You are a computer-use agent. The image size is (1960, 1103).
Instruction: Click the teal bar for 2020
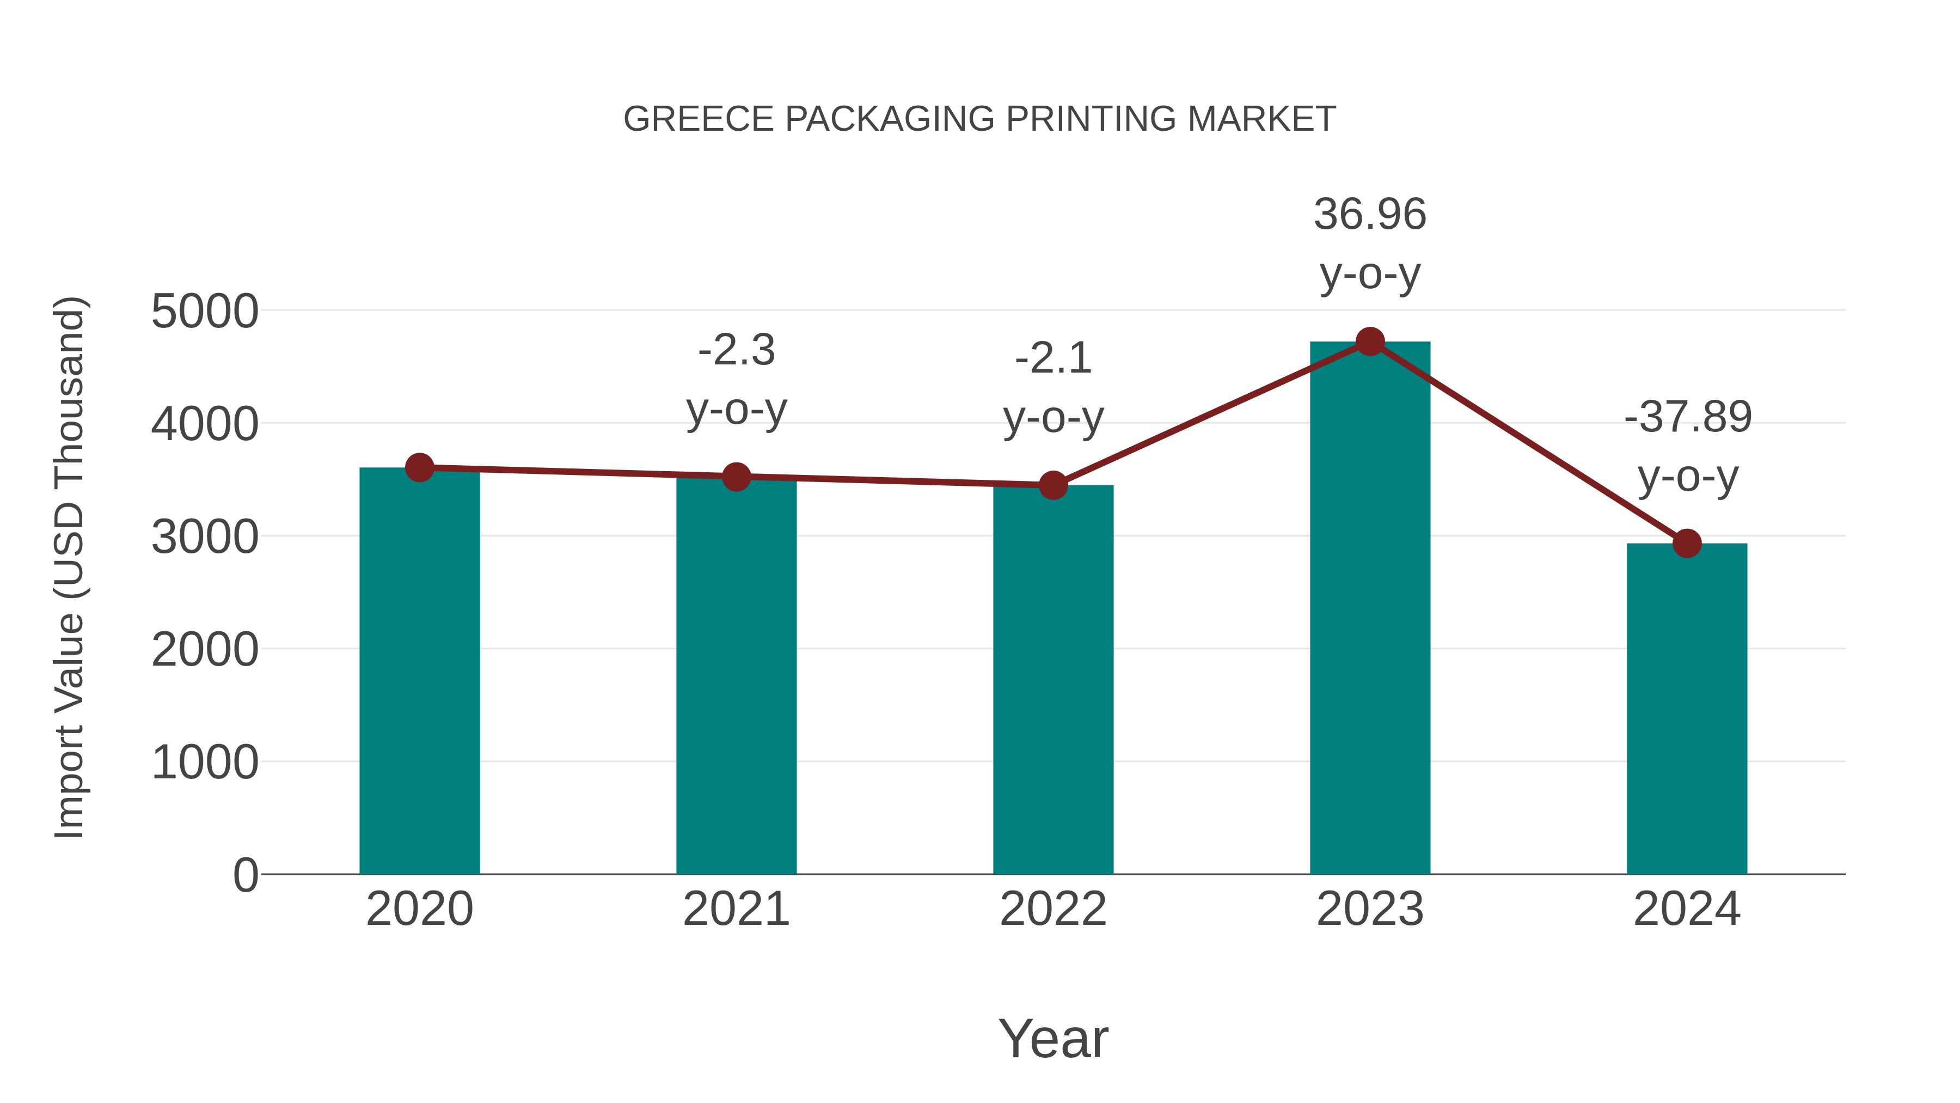pyautogui.click(x=419, y=670)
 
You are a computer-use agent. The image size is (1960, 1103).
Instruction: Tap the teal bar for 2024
pyautogui.click(x=1687, y=708)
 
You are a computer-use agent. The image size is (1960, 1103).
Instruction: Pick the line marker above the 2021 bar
pyautogui.click(x=736, y=477)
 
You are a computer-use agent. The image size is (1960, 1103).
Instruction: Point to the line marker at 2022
pyautogui.click(x=1053, y=485)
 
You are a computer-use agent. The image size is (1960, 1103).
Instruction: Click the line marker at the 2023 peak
pyautogui.click(x=1370, y=342)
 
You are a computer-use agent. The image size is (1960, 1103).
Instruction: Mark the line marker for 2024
pyautogui.click(x=1687, y=544)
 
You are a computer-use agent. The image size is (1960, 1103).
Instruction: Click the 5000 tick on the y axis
pyautogui.click(x=205, y=312)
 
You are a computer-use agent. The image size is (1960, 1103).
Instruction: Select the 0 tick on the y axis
pyautogui.click(x=245, y=875)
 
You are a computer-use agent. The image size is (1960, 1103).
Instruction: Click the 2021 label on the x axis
pyautogui.click(x=736, y=909)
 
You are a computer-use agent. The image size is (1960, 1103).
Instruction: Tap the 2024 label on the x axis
pyautogui.click(x=1687, y=909)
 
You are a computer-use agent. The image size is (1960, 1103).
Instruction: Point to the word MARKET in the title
pyautogui.click(x=1261, y=119)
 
